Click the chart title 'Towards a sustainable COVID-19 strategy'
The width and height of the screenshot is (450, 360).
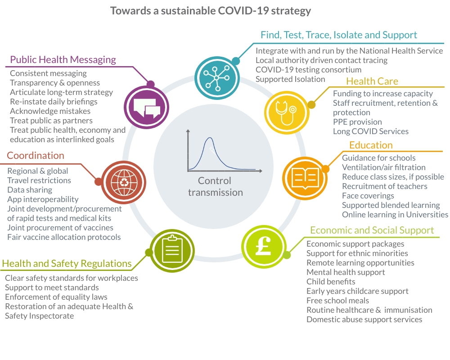click(x=211, y=11)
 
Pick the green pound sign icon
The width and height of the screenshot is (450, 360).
click(x=263, y=247)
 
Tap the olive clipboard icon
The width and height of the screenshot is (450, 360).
click(x=171, y=247)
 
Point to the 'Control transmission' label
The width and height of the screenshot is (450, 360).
click(x=215, y=186)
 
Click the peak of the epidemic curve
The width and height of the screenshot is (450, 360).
click(x=210, y=138)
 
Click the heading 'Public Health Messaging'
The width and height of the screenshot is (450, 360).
click(x=63, y=60)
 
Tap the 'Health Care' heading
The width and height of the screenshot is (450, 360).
click(x=372, y=81)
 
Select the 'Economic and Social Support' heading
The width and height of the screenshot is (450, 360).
click(x=372, y=230)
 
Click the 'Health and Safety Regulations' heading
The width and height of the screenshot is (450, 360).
click(x=67, y=264)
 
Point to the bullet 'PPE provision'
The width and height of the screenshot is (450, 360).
click(x=357, y=122)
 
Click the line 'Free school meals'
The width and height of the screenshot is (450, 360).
click(x=337, y=301)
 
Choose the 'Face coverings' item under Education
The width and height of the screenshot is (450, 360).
click(x=368, y=196)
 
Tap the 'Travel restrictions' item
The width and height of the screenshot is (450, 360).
click(x=39, y=180)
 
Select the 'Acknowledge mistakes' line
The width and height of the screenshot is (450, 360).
click(x=50, y=111)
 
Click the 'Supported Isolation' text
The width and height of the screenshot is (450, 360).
click(x=290, y=79)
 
